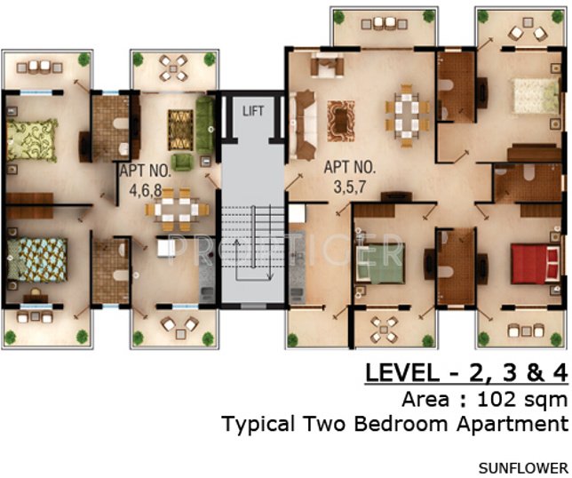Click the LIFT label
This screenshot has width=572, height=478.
[x=253, y=110]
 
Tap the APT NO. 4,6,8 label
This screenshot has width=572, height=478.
[x=146, y=180]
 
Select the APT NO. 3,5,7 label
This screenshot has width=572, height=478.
[x=349, y=178]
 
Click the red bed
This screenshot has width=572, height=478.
[x=536, y=264]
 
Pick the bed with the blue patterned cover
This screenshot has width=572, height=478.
[x=36, y=259]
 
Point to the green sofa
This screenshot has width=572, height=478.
[x=205, y=125]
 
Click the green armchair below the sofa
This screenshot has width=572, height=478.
[x=182, y=162]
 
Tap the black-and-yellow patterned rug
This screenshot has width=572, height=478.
[x=180, y=130]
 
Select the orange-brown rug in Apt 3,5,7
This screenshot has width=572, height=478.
[x=341, y=121]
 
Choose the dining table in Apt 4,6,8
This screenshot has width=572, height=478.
[x=177, y=210]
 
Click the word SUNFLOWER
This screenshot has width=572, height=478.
[x=523, y=468]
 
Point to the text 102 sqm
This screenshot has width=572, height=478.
[x=522, y=400]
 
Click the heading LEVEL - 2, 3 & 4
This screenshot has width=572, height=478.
[x=466, y=373]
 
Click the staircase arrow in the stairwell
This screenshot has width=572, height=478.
[x=253, y=260]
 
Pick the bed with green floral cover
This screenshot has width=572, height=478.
[x=32, y=140]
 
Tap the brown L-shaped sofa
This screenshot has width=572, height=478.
[x=302, y=125]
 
